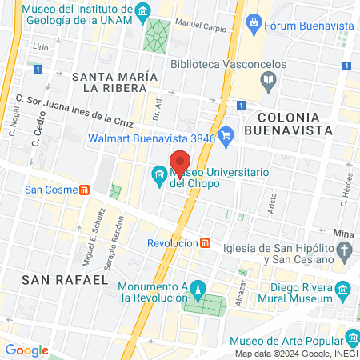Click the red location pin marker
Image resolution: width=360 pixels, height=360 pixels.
point(181,159)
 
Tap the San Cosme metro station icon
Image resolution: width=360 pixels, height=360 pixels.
point(84,190)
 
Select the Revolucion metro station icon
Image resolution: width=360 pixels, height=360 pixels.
point(206,242)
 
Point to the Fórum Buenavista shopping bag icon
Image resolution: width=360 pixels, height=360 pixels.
point(254,22)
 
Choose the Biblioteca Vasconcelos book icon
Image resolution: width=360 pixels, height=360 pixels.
point(269,79)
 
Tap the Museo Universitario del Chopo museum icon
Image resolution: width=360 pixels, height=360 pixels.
point(158,174)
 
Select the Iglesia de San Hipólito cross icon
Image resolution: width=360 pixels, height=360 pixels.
point(345,253)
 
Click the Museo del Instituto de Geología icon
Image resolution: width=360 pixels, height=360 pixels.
point(143,10)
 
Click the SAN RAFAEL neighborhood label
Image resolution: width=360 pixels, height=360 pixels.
point(65,279)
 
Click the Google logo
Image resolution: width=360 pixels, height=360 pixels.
point(26,350)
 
